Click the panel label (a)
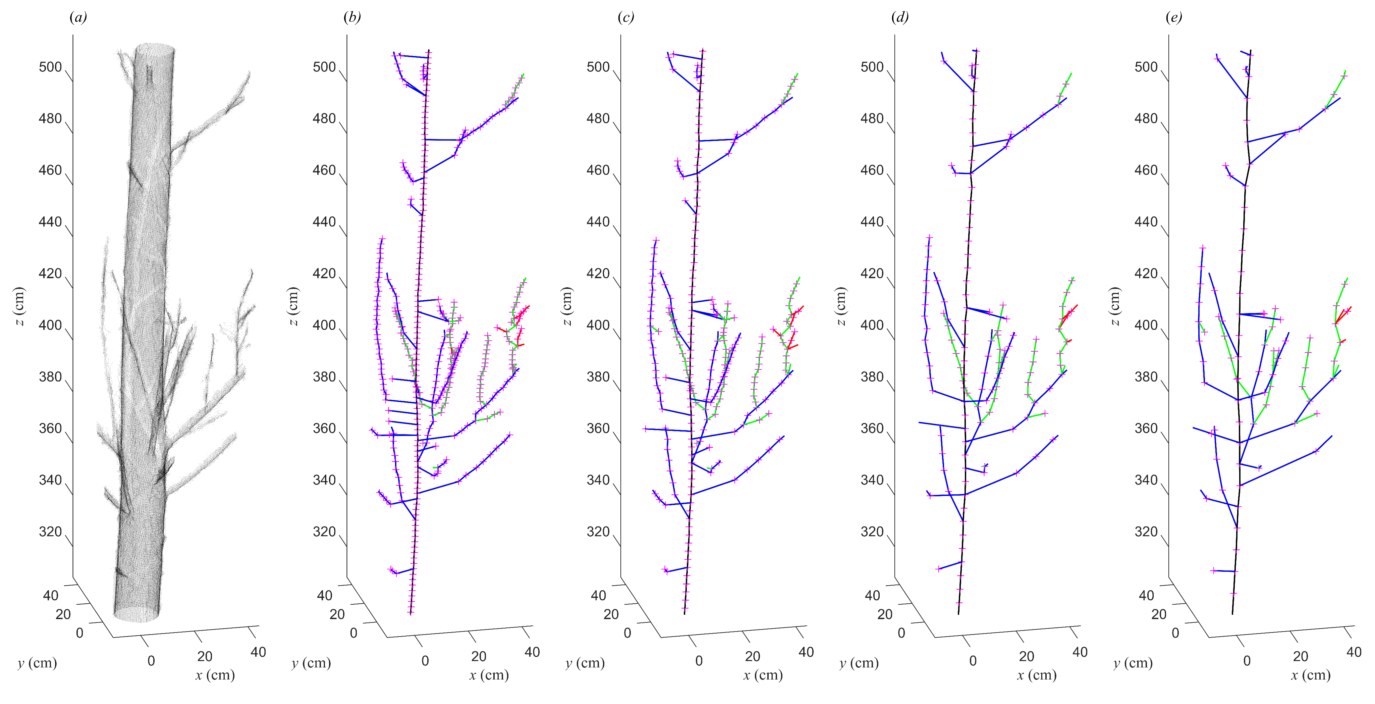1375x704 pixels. click(78, 18)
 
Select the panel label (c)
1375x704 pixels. click(625, 18)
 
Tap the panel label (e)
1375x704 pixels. click(1173, 18)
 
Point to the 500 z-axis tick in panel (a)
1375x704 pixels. click(50, 67)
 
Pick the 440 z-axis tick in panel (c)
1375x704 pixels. click(598, 222)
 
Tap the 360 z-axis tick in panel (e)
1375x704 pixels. click(1146, 429)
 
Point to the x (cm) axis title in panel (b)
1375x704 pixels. click(489, 675)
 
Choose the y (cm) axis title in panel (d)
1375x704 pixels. click(859, 663)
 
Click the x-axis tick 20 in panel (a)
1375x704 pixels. click(205, 656)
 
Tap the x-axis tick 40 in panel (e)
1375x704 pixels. click(1354, 652)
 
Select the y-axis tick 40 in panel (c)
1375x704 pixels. click(598, 596)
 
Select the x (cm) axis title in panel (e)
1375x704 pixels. click(1310, 675)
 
